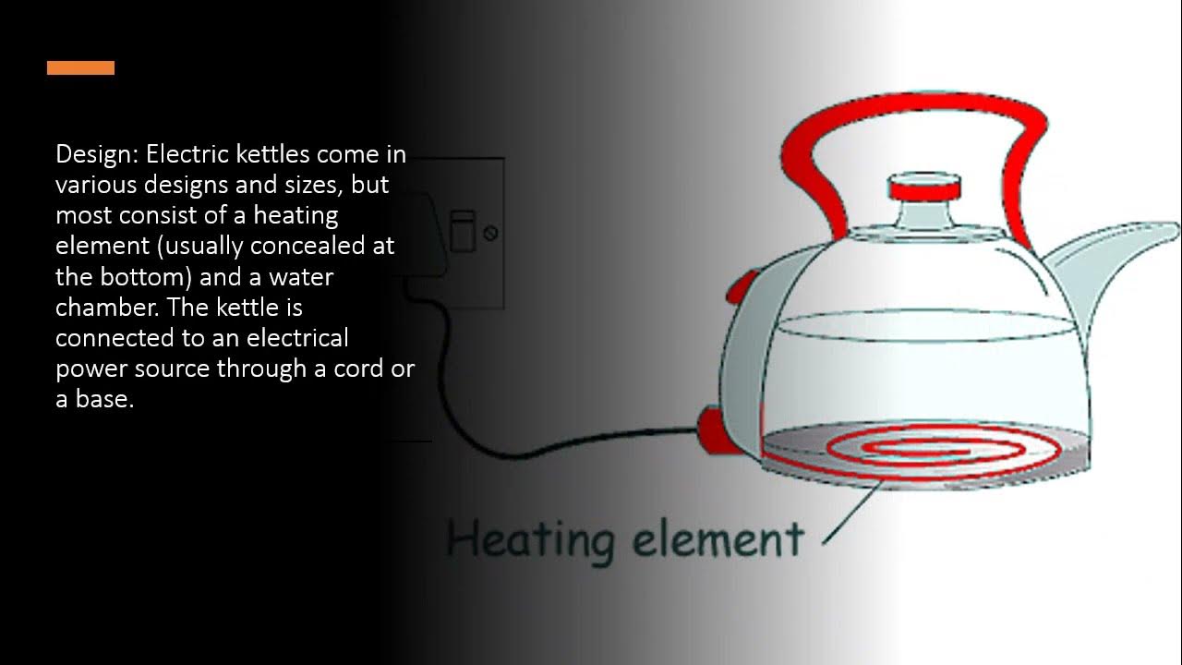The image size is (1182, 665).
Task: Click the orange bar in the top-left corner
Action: tap(80, 67)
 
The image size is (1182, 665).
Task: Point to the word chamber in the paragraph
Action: tap(99, 307)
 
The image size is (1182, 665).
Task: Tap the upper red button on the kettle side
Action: tap(740, 287)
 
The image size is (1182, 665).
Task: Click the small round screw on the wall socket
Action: tap(490, 233)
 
